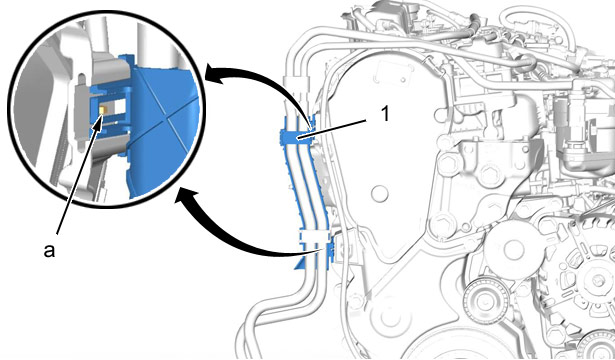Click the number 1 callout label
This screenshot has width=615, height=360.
click(385, 114)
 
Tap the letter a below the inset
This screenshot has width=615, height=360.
click(49, 251)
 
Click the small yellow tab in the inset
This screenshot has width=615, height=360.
click(102, 111)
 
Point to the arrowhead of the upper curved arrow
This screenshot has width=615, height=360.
click(215, 75)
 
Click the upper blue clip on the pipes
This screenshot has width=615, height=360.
click(297, 136)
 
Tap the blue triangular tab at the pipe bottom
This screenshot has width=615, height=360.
click(300, 263)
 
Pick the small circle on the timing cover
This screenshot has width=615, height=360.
click(380, 194)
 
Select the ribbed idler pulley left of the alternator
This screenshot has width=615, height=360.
click(486, 301)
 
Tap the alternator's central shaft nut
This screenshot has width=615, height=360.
click(598, 279)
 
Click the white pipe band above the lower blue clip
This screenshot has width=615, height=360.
click(314, 236)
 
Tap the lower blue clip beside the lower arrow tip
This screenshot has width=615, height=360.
click(329, 252)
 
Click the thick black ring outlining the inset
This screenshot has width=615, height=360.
click(106, 11)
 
